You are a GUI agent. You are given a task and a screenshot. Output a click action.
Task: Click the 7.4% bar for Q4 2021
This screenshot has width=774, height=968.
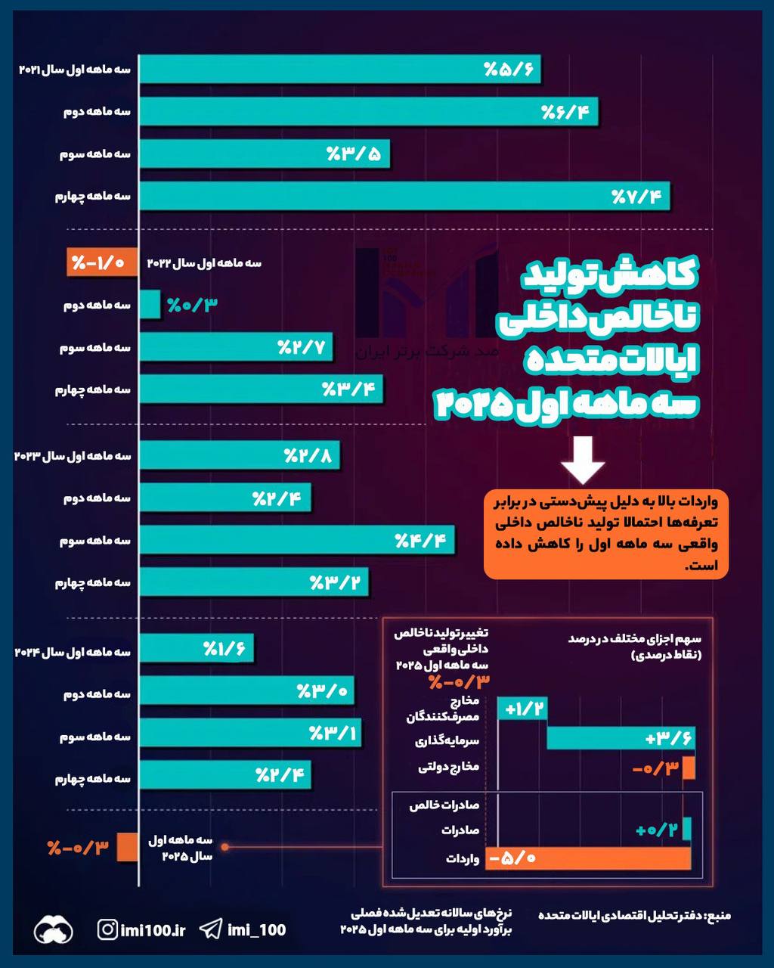(x=404, y=197)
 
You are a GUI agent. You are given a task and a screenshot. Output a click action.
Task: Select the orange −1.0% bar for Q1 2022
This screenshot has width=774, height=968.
(x=101, y=262)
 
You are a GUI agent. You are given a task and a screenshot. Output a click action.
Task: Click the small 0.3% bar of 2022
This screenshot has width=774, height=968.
(x=150, y=305)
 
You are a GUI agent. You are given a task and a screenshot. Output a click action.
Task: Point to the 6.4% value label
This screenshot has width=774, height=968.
(x=568, y=113)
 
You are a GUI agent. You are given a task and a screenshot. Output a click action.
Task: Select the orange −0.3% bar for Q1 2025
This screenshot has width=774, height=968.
(x=126, y=846)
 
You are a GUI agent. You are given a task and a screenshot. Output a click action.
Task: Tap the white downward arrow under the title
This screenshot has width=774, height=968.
(x=582, y=459)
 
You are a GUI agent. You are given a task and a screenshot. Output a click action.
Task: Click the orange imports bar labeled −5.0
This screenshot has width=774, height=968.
(x=589, y=858)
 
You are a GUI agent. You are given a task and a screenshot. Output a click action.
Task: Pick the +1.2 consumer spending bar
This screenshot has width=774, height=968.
(x=522, y=709)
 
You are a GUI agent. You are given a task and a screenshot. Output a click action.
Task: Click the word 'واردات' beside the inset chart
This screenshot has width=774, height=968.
(x=462, y=859)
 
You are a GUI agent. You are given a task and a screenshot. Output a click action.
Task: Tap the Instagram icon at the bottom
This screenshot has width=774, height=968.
(x=107, y=929)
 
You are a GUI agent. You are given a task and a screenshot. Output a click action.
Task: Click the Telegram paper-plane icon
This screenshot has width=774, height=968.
(x=211, y=929)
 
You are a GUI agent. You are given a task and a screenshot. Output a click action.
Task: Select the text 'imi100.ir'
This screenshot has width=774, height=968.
(x=153, y=929)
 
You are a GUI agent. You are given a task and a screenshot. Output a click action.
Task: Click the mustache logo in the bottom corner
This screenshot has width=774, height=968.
(x=53, y=929)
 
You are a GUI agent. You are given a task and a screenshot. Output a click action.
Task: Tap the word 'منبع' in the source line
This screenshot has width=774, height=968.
(x=717, y=916)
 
